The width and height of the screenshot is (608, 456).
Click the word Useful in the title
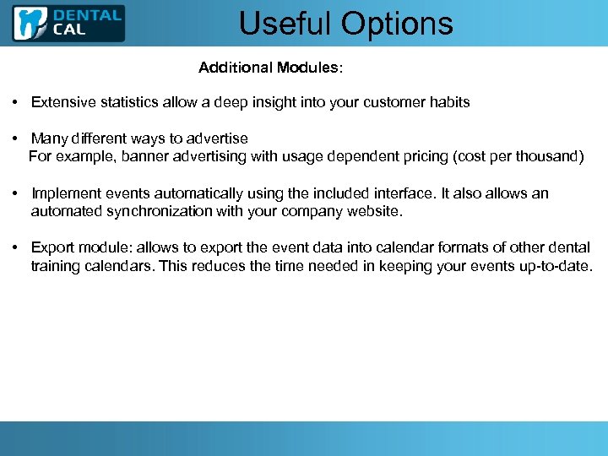(285, 24)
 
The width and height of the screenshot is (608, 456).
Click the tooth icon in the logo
(30, 24)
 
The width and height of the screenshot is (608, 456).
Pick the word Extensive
(61, 102)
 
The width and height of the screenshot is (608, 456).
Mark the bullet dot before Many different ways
(16, 138)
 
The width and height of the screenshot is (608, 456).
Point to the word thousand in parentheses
(548, 156)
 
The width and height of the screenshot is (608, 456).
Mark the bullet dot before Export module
(16, 247)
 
